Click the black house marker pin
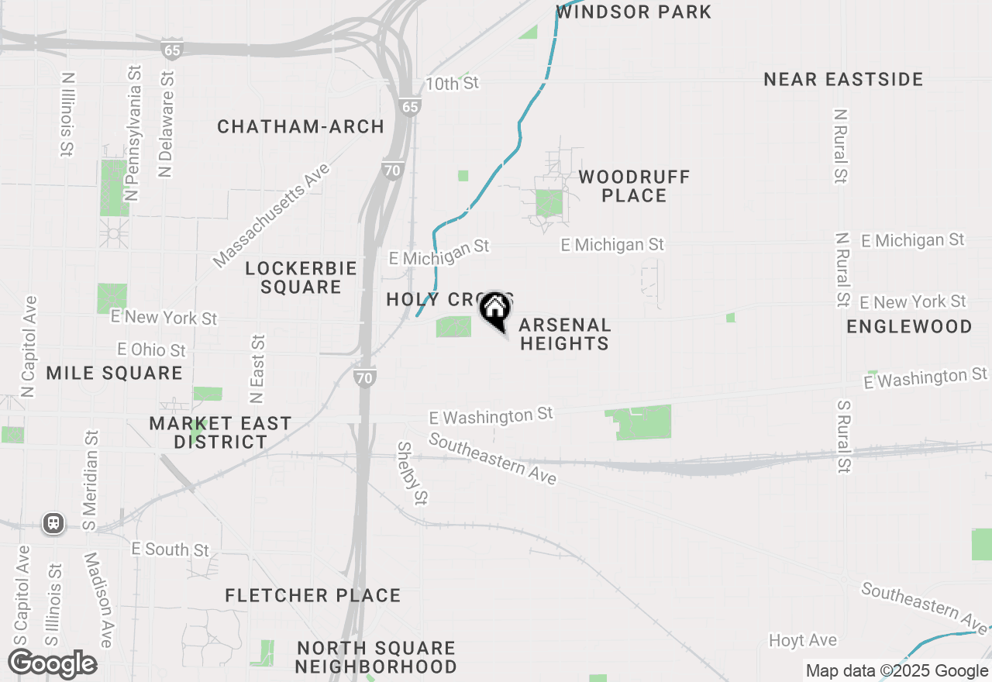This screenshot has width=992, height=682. (x=494, y=312)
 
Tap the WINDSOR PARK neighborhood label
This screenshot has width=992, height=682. (x=633, y=12)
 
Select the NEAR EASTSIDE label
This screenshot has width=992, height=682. (x=843, y=80)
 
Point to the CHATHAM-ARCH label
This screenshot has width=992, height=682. (x=301, y=127)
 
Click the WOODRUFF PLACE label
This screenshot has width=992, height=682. (x=634, y=186)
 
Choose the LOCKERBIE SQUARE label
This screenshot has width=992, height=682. (x=301, y=277)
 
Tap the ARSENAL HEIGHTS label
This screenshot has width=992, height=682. (x=564, y=334)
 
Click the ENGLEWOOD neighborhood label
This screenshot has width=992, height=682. (x=908, y=326)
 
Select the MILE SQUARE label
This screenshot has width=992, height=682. (x=114, y=374)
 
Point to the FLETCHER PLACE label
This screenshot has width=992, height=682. (x=313, y=596)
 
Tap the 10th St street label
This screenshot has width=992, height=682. (x=453, y=83)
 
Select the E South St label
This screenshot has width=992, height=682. (x=170, y=549)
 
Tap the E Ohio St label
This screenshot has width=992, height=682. (x=152, y=350)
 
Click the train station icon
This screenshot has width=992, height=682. (x=53, y=522)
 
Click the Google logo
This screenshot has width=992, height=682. (x=52, y=664)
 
